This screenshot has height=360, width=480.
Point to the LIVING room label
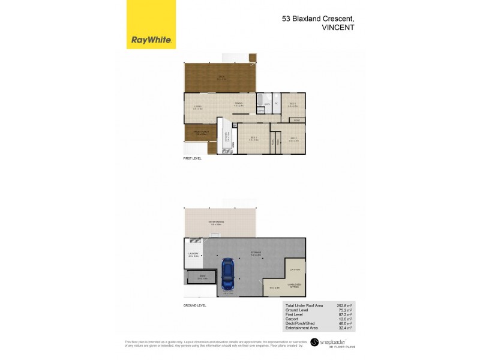197,107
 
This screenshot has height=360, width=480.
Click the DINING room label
238,104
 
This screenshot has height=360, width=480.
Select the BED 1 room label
254,139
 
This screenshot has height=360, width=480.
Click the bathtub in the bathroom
263,99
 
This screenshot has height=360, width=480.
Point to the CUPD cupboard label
296,120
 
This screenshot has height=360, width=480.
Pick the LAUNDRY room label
193,254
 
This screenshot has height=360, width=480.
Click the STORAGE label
255,253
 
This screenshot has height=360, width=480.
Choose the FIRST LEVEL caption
193,158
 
